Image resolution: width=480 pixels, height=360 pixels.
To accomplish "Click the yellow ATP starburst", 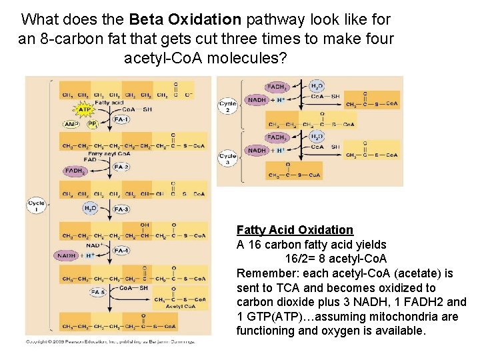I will tap(84, 109).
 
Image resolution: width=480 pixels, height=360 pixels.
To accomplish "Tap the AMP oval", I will tap(71, 124).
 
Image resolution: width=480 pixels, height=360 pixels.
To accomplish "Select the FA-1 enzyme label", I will tap(121, 119).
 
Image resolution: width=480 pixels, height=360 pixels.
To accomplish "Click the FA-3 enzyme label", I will tap(121, 209).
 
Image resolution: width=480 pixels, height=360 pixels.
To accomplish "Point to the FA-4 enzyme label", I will tap(121, 251).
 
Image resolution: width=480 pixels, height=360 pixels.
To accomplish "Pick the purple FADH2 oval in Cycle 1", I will tap(73, 171).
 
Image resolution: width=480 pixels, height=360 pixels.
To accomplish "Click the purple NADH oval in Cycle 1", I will tap(67, 255).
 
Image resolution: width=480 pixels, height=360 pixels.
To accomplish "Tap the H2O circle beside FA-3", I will tap(90, 208).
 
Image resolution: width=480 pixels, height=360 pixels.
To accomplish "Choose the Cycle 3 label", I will tap(227, 158).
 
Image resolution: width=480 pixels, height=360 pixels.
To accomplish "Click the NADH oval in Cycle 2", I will tap(257, 100).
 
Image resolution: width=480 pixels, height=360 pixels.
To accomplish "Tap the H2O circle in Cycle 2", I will tap(316, 86).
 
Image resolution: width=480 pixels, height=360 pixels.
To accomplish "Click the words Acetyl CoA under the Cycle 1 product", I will tap(181, 307).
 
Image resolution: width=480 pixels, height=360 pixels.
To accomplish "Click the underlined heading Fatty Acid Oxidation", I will tap(295, 230).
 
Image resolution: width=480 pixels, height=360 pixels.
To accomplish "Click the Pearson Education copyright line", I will tap(111, 342).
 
